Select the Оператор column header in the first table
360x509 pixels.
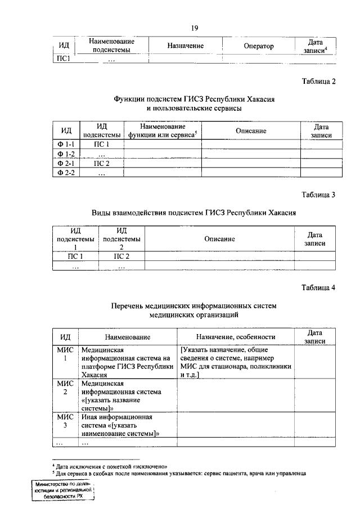pyautogui.click(x=258, y=46)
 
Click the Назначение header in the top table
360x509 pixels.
pyautogui.click(x=185, y=46)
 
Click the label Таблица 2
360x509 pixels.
pyautogui.click(x=318, y=81)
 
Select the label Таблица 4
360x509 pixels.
pyautogui.click(x=318, y=287)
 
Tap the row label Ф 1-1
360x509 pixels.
pyautogui.click(x=66, y=145)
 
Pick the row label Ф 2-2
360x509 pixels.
pyautogui.click(x=66, y=173)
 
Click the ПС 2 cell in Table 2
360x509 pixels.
pyautogui.click(x=101, y=164)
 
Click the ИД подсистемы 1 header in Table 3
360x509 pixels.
pyautogui.click(x=75, y=238)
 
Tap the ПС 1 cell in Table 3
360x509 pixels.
pyautogui.click(x=75, y=256)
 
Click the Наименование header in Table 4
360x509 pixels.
pyautogui.click(x=127, y=337)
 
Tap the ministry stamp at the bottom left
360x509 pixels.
pyautogui.click(x=63, y=490)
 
